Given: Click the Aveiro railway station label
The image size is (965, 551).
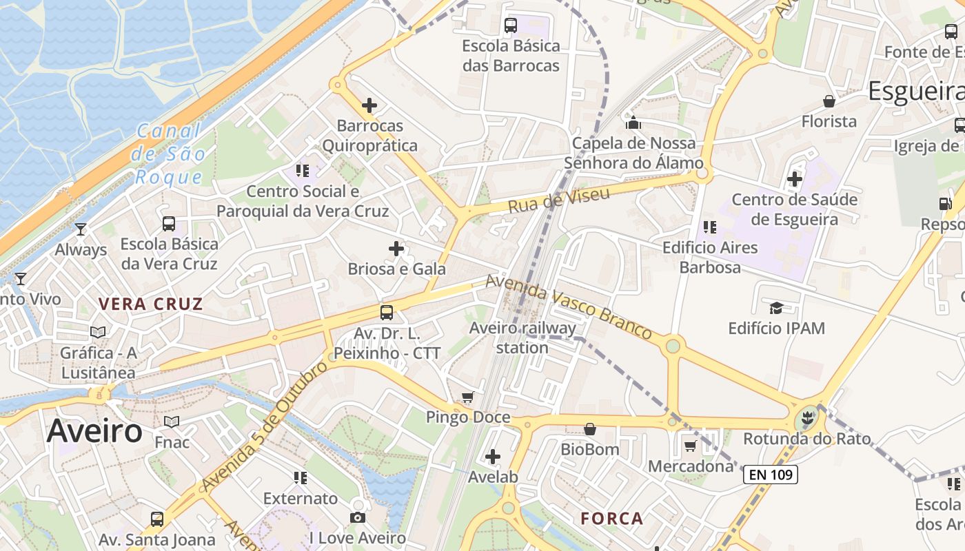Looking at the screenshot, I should [x=522, y=337].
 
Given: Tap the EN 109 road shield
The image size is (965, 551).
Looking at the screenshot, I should [x=770, y=474].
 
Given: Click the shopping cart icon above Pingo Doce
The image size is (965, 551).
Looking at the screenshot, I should [x=468, y=397].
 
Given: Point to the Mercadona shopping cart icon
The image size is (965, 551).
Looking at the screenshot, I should [x=690, y=446].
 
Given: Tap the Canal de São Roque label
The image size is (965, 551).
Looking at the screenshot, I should [x=169, y=154].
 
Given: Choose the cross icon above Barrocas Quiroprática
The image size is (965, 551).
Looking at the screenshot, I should [x=369, y=105].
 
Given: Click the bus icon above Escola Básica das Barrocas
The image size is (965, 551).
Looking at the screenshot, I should [x=511, y=25].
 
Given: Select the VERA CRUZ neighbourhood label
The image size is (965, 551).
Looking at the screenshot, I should [x=150, y=304].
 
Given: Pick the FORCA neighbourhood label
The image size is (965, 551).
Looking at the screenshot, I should [x=611, y=518].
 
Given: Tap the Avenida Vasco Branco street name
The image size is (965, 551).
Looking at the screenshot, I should [x=569, y=307].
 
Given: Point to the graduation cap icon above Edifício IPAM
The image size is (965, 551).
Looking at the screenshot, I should [x=776, y=308].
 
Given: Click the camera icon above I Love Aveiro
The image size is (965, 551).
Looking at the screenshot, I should [x=357, y=517].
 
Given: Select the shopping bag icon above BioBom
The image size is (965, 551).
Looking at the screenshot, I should [x=589, y=429].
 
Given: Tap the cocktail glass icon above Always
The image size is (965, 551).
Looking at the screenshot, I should [x=81, y=229].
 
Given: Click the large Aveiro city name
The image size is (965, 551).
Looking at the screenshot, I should [x=94, y=431].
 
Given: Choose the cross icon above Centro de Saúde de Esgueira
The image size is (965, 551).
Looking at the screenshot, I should [x=795, y=179].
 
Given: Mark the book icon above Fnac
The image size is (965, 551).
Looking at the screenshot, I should [x=172, y=422].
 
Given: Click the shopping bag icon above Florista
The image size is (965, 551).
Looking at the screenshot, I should [x=829, y=101].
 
